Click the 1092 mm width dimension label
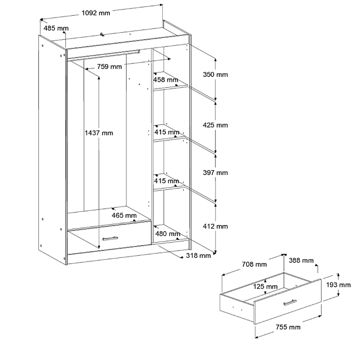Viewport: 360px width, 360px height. click(96, 13)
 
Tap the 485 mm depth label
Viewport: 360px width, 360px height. click(56, 28)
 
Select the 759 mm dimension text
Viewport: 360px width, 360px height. click(109, 67)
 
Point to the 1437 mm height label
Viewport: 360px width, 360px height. click(99, 133)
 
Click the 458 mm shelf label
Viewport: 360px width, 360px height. click(166, 80)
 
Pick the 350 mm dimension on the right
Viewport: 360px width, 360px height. click(216, 74)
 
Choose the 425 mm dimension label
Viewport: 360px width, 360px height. click(216, 125)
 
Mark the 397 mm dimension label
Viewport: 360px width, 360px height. click(216, 173)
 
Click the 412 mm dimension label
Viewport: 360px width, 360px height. click(216, 226)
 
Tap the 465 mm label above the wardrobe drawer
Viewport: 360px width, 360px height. click(124, 216)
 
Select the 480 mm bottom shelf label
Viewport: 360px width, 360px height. click(167, 234)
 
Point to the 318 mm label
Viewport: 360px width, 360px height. click(198, 256)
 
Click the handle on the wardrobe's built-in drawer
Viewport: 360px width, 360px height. click(110, 238)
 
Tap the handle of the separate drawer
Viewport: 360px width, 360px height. click(290, 302)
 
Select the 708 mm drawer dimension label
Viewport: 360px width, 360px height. click(254, 265)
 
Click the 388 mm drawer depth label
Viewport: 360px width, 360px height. click(301, 261)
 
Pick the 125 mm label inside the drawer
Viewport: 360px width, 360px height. click(265, 287)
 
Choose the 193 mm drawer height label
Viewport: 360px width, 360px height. click(338, 285)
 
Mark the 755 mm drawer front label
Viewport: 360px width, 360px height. click(288, 327)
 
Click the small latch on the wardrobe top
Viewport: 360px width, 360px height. click(102, 34)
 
